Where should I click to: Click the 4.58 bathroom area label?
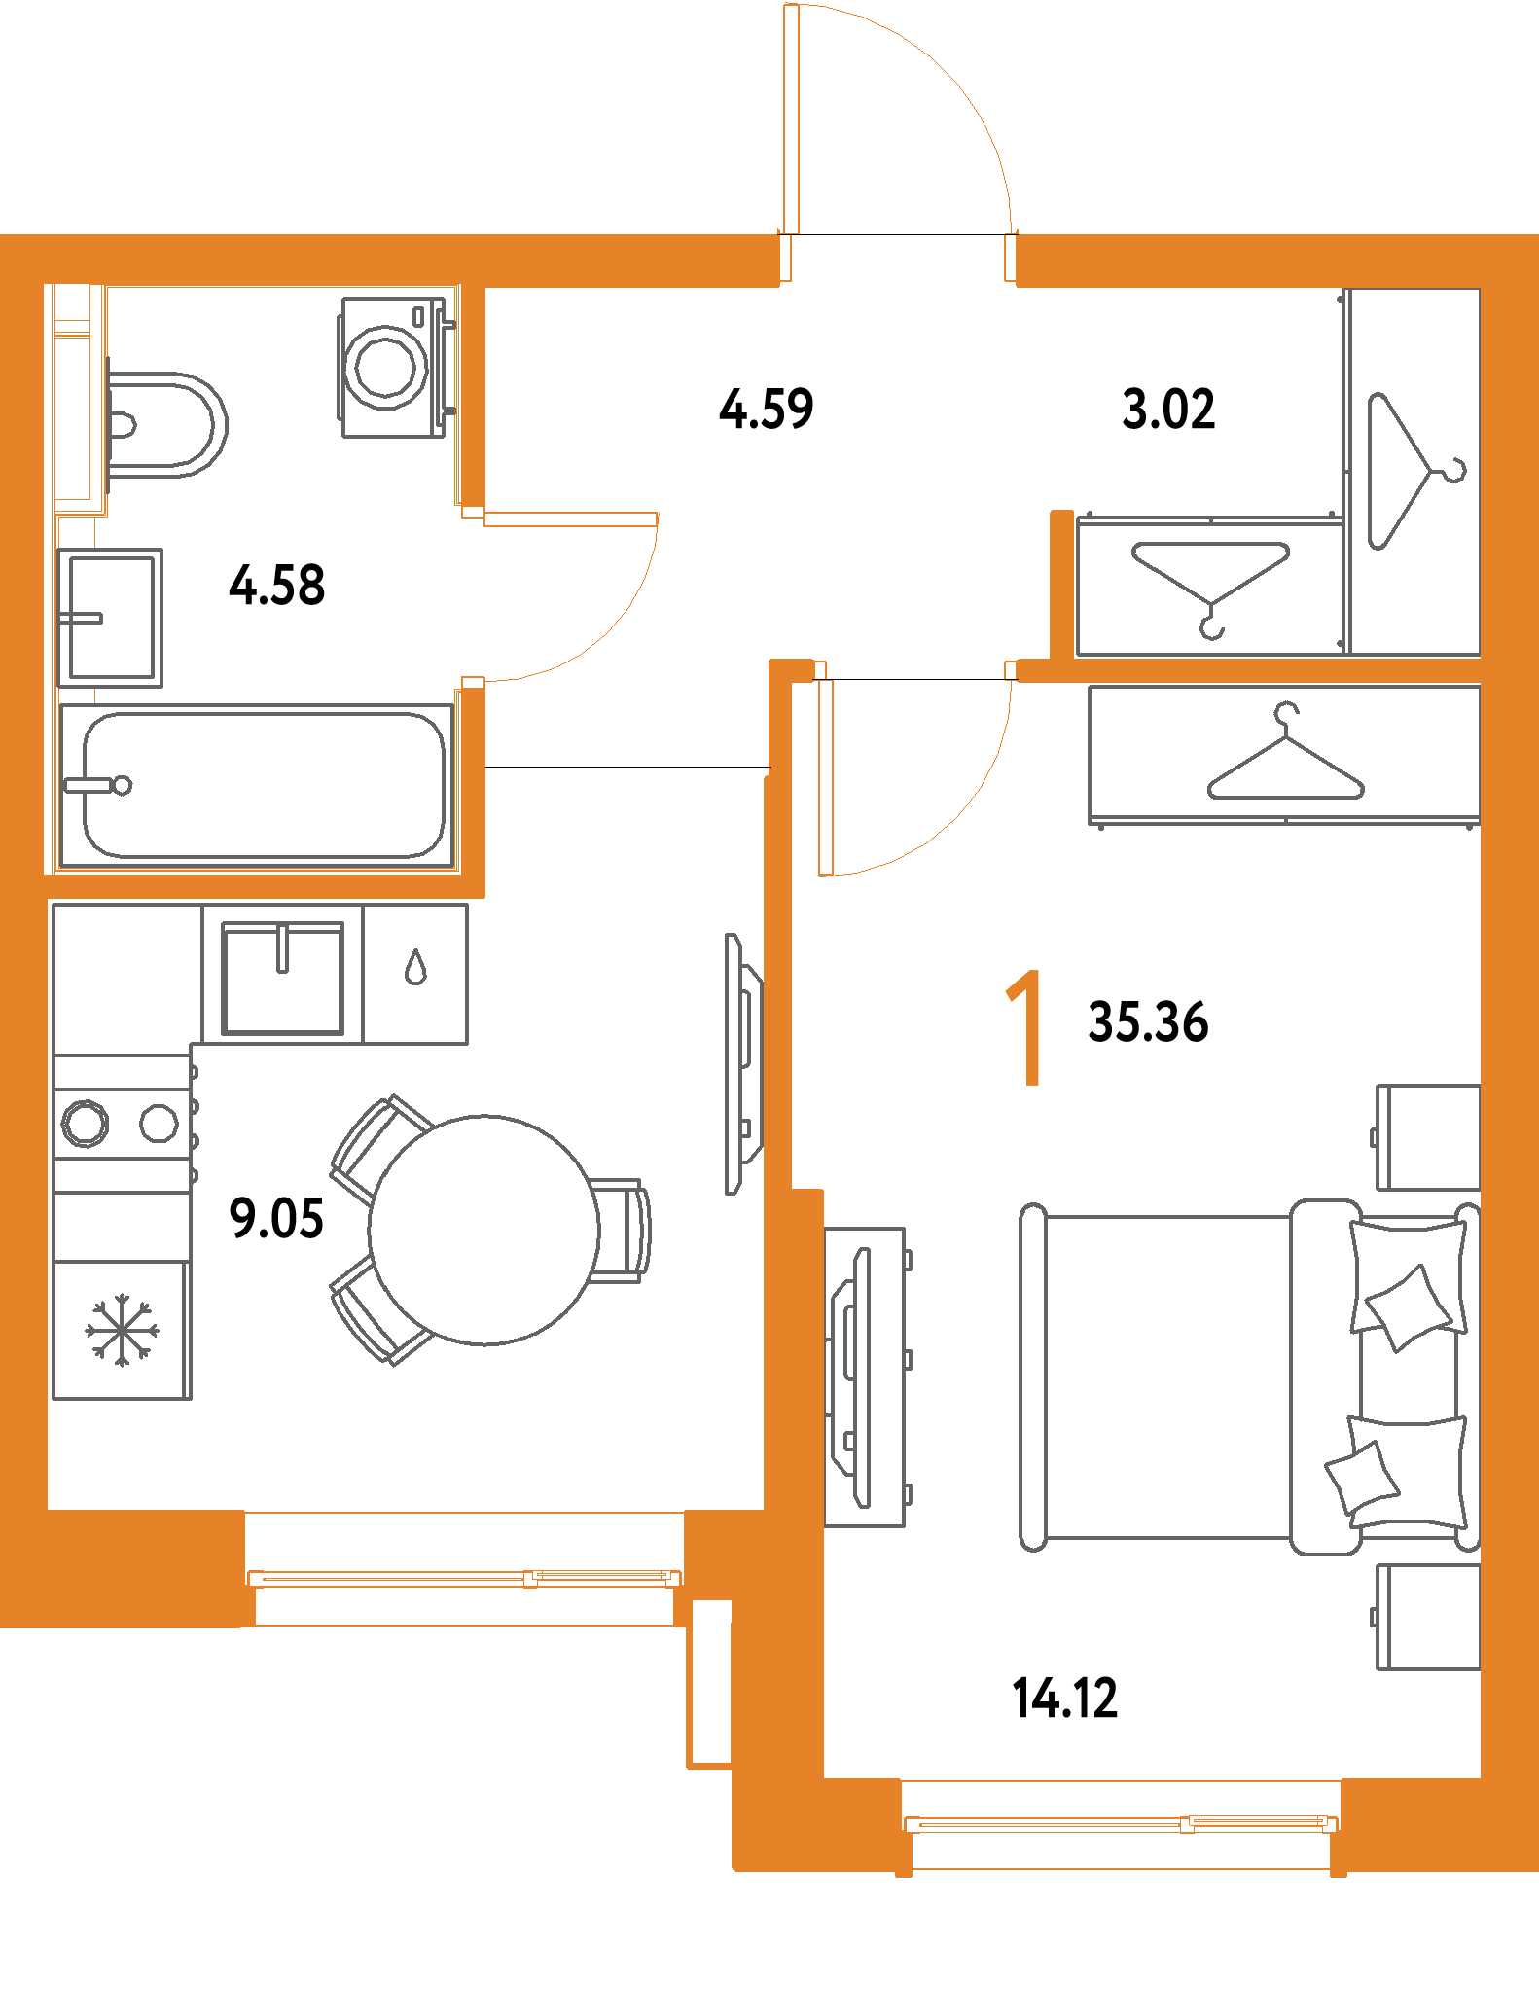pos(277,586)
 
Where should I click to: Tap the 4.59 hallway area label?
pos(767,409)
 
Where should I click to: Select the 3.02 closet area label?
pos(1168,409)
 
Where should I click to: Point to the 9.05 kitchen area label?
pos(276,1219)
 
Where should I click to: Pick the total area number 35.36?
pos(1148,1022)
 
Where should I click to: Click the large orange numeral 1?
pos(1026,1027)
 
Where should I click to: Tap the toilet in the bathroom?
pos(165,425)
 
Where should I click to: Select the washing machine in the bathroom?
pos(387,367)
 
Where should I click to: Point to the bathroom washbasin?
pos(110,618)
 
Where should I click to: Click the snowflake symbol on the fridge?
pos(122,1329)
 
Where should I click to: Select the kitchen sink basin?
pos(283,978)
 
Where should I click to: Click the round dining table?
pos(483,1231)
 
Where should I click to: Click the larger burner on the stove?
pos(86,1124)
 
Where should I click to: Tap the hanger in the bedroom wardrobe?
pos(1285,758)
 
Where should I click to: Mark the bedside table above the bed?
pos(1428,1136)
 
